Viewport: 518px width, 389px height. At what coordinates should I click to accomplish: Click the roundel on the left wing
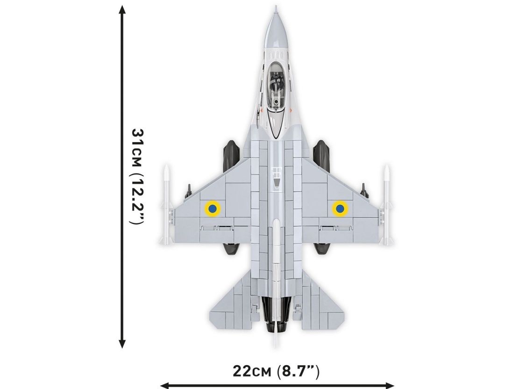(x=213, y=209)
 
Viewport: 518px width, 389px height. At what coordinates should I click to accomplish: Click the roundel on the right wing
(x=339, y=209)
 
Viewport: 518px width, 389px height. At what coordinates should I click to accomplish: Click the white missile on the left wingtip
(x=166, y=205)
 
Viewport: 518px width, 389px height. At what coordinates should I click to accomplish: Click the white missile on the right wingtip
(x=386, y=205)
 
